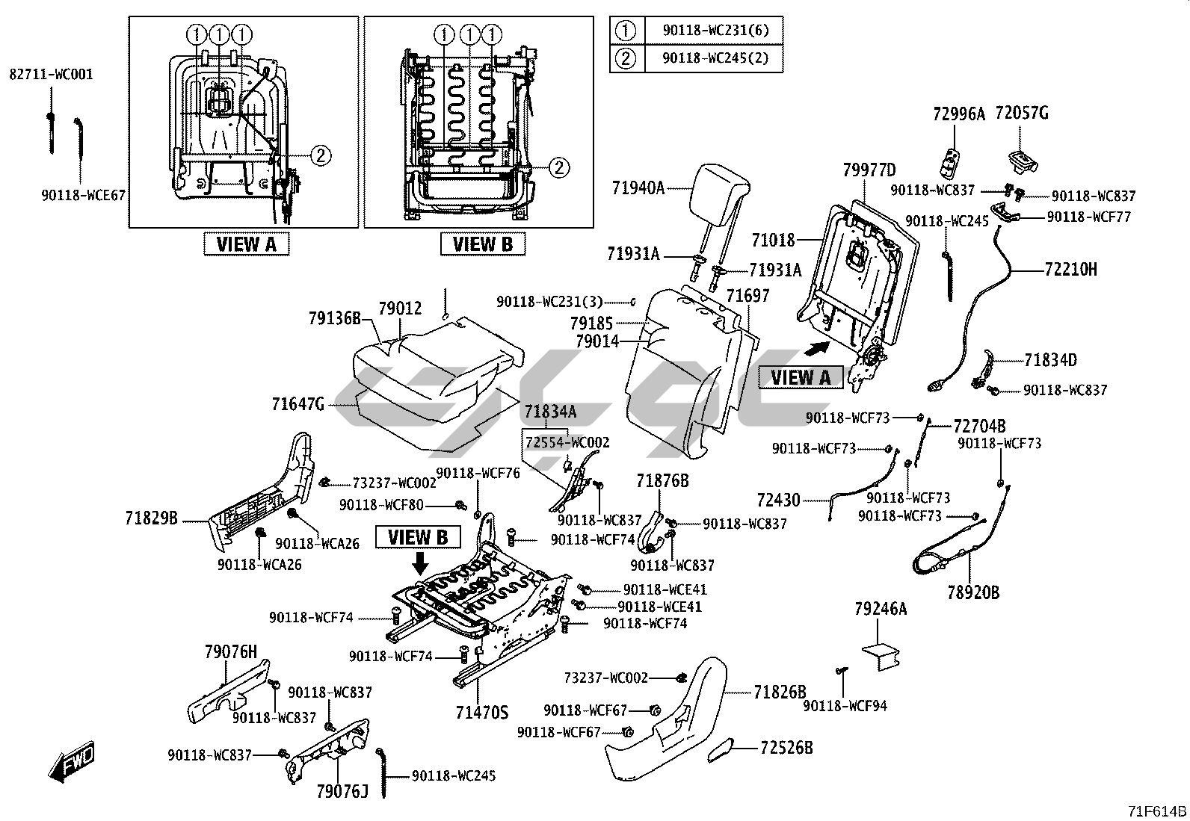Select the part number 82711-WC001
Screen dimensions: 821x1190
[x=51, y=74]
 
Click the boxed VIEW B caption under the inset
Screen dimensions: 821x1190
[x=482, y=244]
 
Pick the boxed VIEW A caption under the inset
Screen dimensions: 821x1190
[x=246, y=244]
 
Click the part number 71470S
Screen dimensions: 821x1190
[x=481, y=711]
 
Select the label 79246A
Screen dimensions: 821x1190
[x=881, y=610]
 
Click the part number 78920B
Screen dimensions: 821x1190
[x=973, y=593]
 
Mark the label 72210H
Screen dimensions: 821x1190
[x=1070, y=270]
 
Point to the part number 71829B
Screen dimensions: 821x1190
[x=152, y=517]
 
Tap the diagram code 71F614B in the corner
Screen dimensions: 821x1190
[x=1157, y=812]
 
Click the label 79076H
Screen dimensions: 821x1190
[x=230, y=651]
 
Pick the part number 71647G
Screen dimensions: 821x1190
[x=298, y=405]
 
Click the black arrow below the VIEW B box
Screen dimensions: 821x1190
[x=421, y=563]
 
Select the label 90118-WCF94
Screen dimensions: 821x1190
[x=845, y=705]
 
